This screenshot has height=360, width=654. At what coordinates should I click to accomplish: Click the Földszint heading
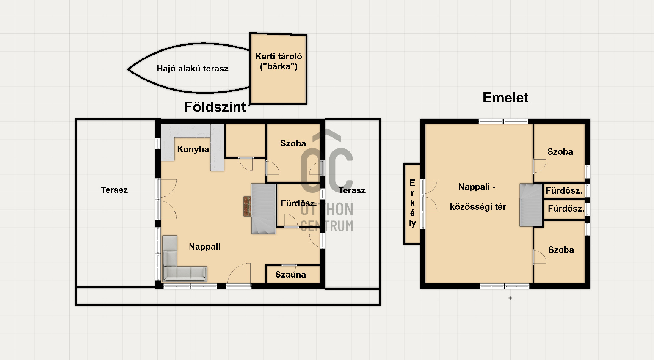(215, 107)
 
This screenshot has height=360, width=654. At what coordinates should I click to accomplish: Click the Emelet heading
(505, 98)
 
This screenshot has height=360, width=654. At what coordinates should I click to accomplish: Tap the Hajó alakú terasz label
(193, 69)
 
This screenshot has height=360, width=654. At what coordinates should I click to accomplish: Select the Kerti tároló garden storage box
(278, 69)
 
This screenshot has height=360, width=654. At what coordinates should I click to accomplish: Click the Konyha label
(193, 149)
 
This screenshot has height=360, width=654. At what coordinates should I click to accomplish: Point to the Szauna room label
(290, 275)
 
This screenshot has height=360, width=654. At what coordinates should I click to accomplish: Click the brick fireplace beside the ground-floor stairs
(247, 206)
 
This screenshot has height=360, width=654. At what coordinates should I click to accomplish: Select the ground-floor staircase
(264, 209)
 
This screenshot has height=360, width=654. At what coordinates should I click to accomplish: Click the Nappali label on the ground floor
(205, 247)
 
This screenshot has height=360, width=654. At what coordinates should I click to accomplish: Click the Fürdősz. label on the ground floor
(299, 203)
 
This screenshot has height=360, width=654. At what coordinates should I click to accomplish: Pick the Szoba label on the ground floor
(293, 143)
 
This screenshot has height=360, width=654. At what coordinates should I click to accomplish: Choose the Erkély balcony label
(412, 203)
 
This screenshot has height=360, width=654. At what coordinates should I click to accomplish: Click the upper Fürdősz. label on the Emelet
(564, 191)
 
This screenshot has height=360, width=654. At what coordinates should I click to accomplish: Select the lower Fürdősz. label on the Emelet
(566, 209)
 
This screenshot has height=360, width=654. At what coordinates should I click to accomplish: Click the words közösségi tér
(478, 207)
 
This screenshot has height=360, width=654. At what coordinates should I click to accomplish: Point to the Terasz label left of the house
(114, 190)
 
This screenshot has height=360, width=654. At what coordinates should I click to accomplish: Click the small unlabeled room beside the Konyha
(246, 140)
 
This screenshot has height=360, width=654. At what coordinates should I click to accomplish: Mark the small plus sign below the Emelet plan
(511, 298)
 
